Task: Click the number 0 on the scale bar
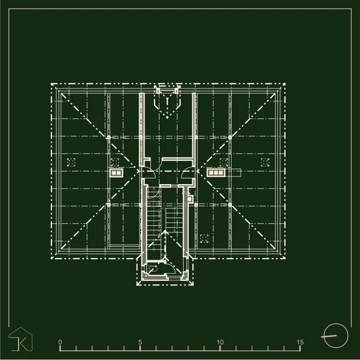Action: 60,342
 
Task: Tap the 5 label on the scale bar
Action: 140,342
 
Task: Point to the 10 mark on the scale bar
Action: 220,342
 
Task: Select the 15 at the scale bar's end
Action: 300,342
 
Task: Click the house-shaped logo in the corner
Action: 21,339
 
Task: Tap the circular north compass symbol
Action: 336,336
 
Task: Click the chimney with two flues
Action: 116,173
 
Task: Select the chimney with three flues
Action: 216,173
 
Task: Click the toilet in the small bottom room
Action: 152,268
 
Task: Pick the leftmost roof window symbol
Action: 71,163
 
